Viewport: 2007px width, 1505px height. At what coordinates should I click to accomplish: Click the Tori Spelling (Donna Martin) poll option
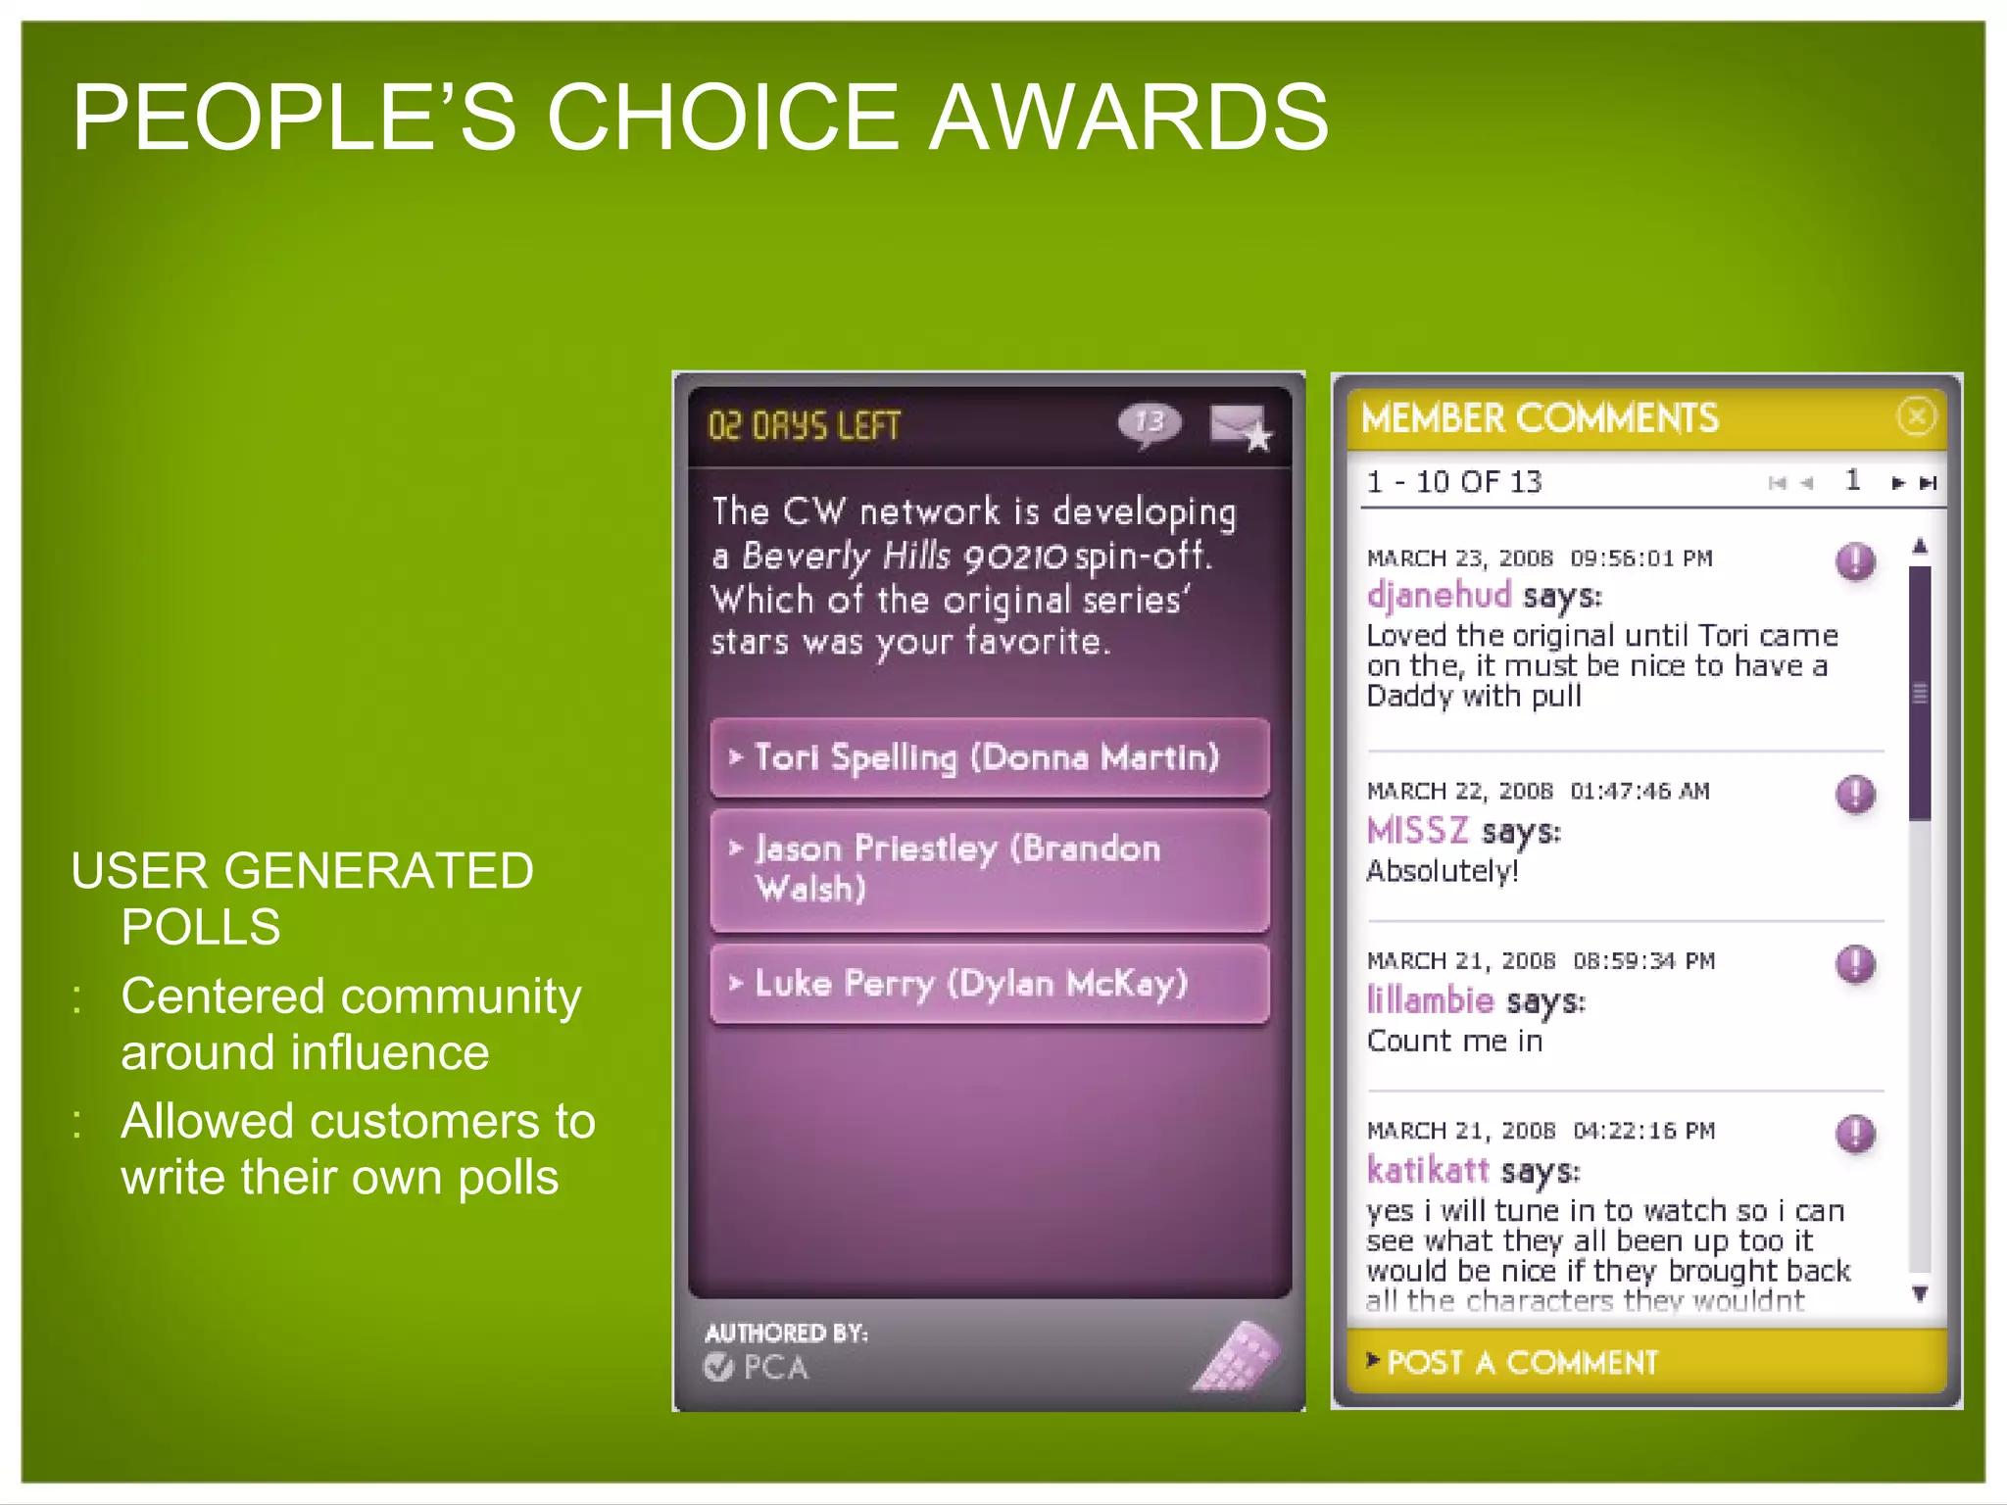pyautogui.click(x=990, y=757)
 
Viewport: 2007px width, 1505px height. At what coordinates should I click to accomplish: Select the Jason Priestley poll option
pyautogui.click(x=990, y=869)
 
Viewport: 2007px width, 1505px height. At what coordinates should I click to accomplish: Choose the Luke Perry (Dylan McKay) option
pyautogui.click(x=990, y=984)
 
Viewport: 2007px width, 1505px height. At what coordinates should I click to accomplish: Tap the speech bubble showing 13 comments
pyautogui.click(x=1150, y=423)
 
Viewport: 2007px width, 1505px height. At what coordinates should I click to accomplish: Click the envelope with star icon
pyautogui.click(x=1240, y=427)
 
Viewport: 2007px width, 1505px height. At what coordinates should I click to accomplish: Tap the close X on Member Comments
pyautogui.click(x=1916, y=416)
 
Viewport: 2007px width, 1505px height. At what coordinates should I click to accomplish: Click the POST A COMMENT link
pyautogui.click(x=1521, y=1362)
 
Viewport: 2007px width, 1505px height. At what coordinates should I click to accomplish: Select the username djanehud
pyautogui.click(x=1439, y=595)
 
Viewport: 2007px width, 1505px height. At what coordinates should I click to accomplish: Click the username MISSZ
pyautogui.click(x=1417, y=831)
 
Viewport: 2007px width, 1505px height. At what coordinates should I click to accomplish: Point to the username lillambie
pyautogui.click(x=1430, y=1000)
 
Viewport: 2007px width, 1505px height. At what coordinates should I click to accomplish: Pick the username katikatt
pyautogui.click(x=1428, y=1170)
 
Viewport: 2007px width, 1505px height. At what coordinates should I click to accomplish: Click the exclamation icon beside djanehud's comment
pyautogui.click(x=1855, y=561)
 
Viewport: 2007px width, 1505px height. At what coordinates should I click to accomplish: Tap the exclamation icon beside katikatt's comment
pyautogui.click(x=1855, y=1134)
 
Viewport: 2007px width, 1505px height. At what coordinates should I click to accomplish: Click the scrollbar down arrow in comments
pyautogui.click(x=1921, y=1294)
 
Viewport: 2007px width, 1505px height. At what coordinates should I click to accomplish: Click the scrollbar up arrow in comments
pyautogui.click(x=1921, y=546)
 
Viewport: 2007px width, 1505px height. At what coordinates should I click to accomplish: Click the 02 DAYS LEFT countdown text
pyautogui.click(x=804, y=426)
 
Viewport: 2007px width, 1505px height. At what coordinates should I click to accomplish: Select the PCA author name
pyautogui.click(x=774, y=1367)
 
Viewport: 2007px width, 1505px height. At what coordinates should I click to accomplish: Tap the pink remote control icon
pyautogui.click(x=1237, y=1357)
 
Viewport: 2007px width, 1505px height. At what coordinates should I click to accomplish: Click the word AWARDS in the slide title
pyautogui.click(x=1128, y=118)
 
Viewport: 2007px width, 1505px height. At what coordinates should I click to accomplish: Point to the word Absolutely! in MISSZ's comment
pyautogui.click(x=1443, y=871)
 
